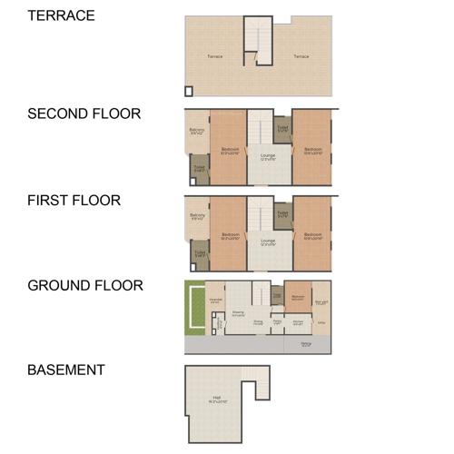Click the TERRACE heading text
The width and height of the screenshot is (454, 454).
pyautogui.click(x=62, y=15)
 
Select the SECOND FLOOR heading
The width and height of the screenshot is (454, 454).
pyautogui.click(x=84, y=113)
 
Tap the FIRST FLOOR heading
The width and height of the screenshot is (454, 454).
pyautogui.click(x=74, y=200)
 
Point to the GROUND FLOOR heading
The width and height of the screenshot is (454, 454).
pyautogui.click(x=85, y=285)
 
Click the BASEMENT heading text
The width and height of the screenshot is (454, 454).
pyautogui.click(x=66, y=370)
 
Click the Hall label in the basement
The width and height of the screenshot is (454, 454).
pyautogui.click(x=216, y=398)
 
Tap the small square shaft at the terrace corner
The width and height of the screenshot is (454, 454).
pyautogui.click(x=189, y=90)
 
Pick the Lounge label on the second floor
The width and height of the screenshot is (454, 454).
pyautogui.click(x=268, y=156)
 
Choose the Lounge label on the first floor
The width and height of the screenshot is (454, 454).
pyautogui.click(x=268, y=242)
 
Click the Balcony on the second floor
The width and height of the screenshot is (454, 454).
pyautogui.click(x=197, y=132)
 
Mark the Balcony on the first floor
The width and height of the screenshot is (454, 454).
pyautogui.click(x=197, y=217)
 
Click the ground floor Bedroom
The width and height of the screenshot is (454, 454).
pyautogui.click(x=298, y=298)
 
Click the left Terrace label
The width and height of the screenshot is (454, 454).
pyautogui.click(x=214, y=56)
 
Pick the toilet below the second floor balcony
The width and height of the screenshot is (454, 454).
pyautogui.click(x=199, y=168)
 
